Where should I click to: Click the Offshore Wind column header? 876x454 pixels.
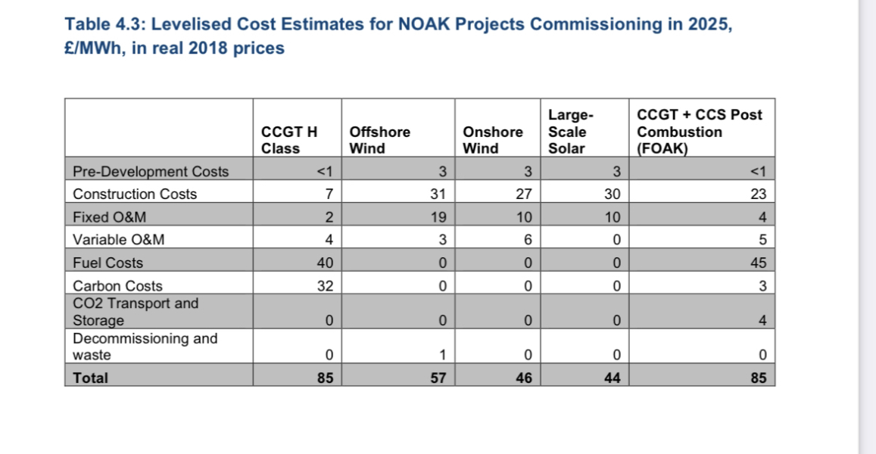click(379, 139)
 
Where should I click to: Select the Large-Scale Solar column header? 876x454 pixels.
click(568, 132)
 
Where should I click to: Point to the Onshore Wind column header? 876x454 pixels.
click(492, 139)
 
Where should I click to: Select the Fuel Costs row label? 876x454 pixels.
click(108, 263)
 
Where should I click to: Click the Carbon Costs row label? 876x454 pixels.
click(117, 286)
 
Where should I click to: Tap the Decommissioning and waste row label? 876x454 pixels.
click(145, 347)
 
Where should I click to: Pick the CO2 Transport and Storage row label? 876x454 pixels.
click(135, 312)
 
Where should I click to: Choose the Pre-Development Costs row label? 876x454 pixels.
click(150, 172)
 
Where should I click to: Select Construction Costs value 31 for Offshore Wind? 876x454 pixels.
click(438, 194)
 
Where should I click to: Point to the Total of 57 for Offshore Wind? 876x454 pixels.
click(438, 378)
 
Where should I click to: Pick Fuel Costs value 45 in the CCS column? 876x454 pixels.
click(759, 263)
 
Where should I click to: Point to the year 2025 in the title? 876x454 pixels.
click(707, 23)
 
